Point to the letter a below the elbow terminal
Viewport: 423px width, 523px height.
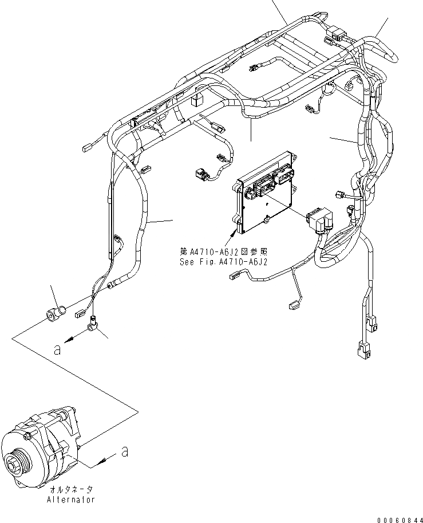click(x=57, y=349)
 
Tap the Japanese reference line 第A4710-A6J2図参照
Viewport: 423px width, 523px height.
click(x=223, y=251)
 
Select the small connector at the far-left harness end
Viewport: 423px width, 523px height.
click(x=87, y=148)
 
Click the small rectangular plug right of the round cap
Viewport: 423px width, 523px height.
click(x=79, y=313)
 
